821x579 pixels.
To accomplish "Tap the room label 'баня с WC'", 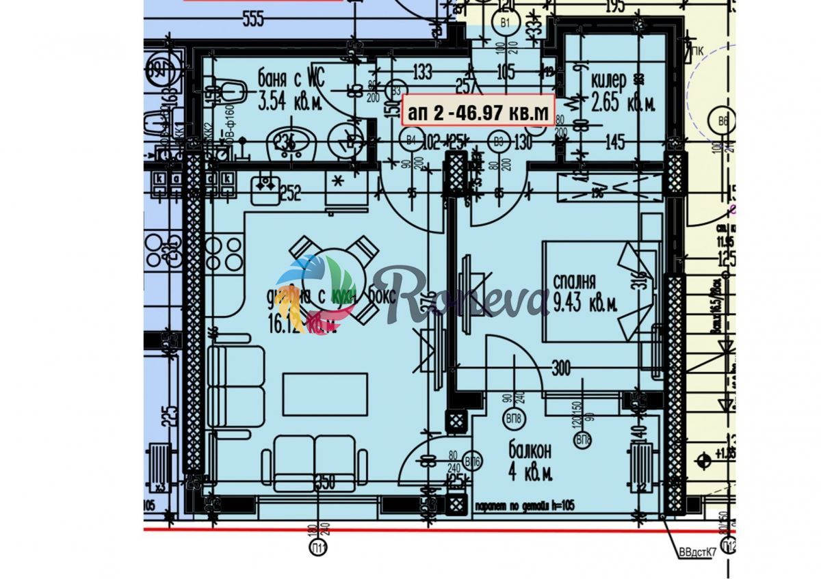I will click(291, 75).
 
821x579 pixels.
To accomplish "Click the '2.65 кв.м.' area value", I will click(614, 104).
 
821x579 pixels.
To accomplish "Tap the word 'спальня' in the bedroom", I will click(575, 282).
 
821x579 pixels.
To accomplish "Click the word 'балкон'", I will click(530, 450).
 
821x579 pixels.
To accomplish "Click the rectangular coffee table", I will click(325, 394).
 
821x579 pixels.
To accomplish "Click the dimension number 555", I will click(252, 20).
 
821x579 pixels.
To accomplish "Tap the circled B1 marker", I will click(506, 23).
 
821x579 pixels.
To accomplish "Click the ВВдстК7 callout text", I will click(696, 552).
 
